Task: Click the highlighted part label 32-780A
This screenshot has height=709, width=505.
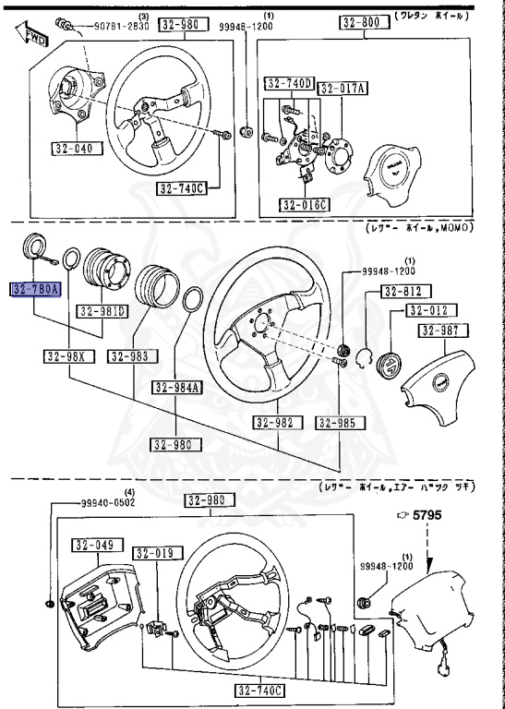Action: tap(35, 289)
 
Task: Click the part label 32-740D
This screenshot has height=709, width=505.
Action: tap(288, 84)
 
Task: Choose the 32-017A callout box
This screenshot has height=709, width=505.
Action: tap(343, 89)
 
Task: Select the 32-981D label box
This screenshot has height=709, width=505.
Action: tap(102, 311)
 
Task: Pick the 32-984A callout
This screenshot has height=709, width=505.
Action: tap(176, 388)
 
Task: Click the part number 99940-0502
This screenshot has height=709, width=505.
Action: tap(103, 503)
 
